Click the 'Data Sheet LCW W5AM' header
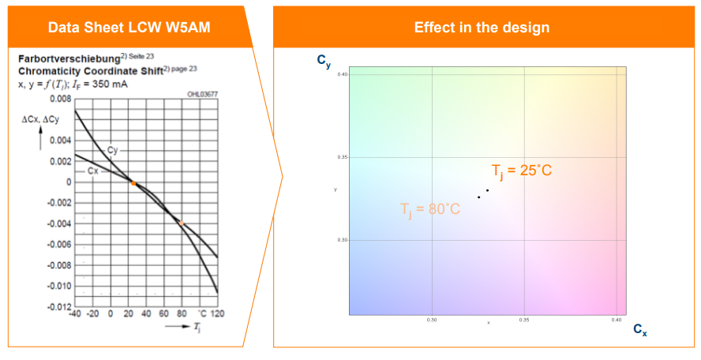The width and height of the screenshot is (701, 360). coord(129,28)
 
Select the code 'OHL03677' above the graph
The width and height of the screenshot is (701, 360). coord(202,94)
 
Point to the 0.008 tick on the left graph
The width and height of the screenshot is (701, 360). coord(58,99)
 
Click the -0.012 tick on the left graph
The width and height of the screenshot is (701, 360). coord(57,306)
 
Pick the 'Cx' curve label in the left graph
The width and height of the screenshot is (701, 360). coord(93,171)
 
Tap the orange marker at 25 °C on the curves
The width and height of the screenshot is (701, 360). coord(133,183)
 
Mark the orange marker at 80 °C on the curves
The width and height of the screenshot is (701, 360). coord(182,223)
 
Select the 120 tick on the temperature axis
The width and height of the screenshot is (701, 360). coord(217,314)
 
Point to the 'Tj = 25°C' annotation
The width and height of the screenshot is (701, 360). coord(521,171)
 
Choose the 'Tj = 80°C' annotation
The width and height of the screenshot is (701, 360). coord(429,209)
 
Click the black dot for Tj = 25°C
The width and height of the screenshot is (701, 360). coord(487,190)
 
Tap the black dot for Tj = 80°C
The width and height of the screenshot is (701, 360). coord(478,197)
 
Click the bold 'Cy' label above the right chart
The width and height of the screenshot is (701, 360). coord(324,62)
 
